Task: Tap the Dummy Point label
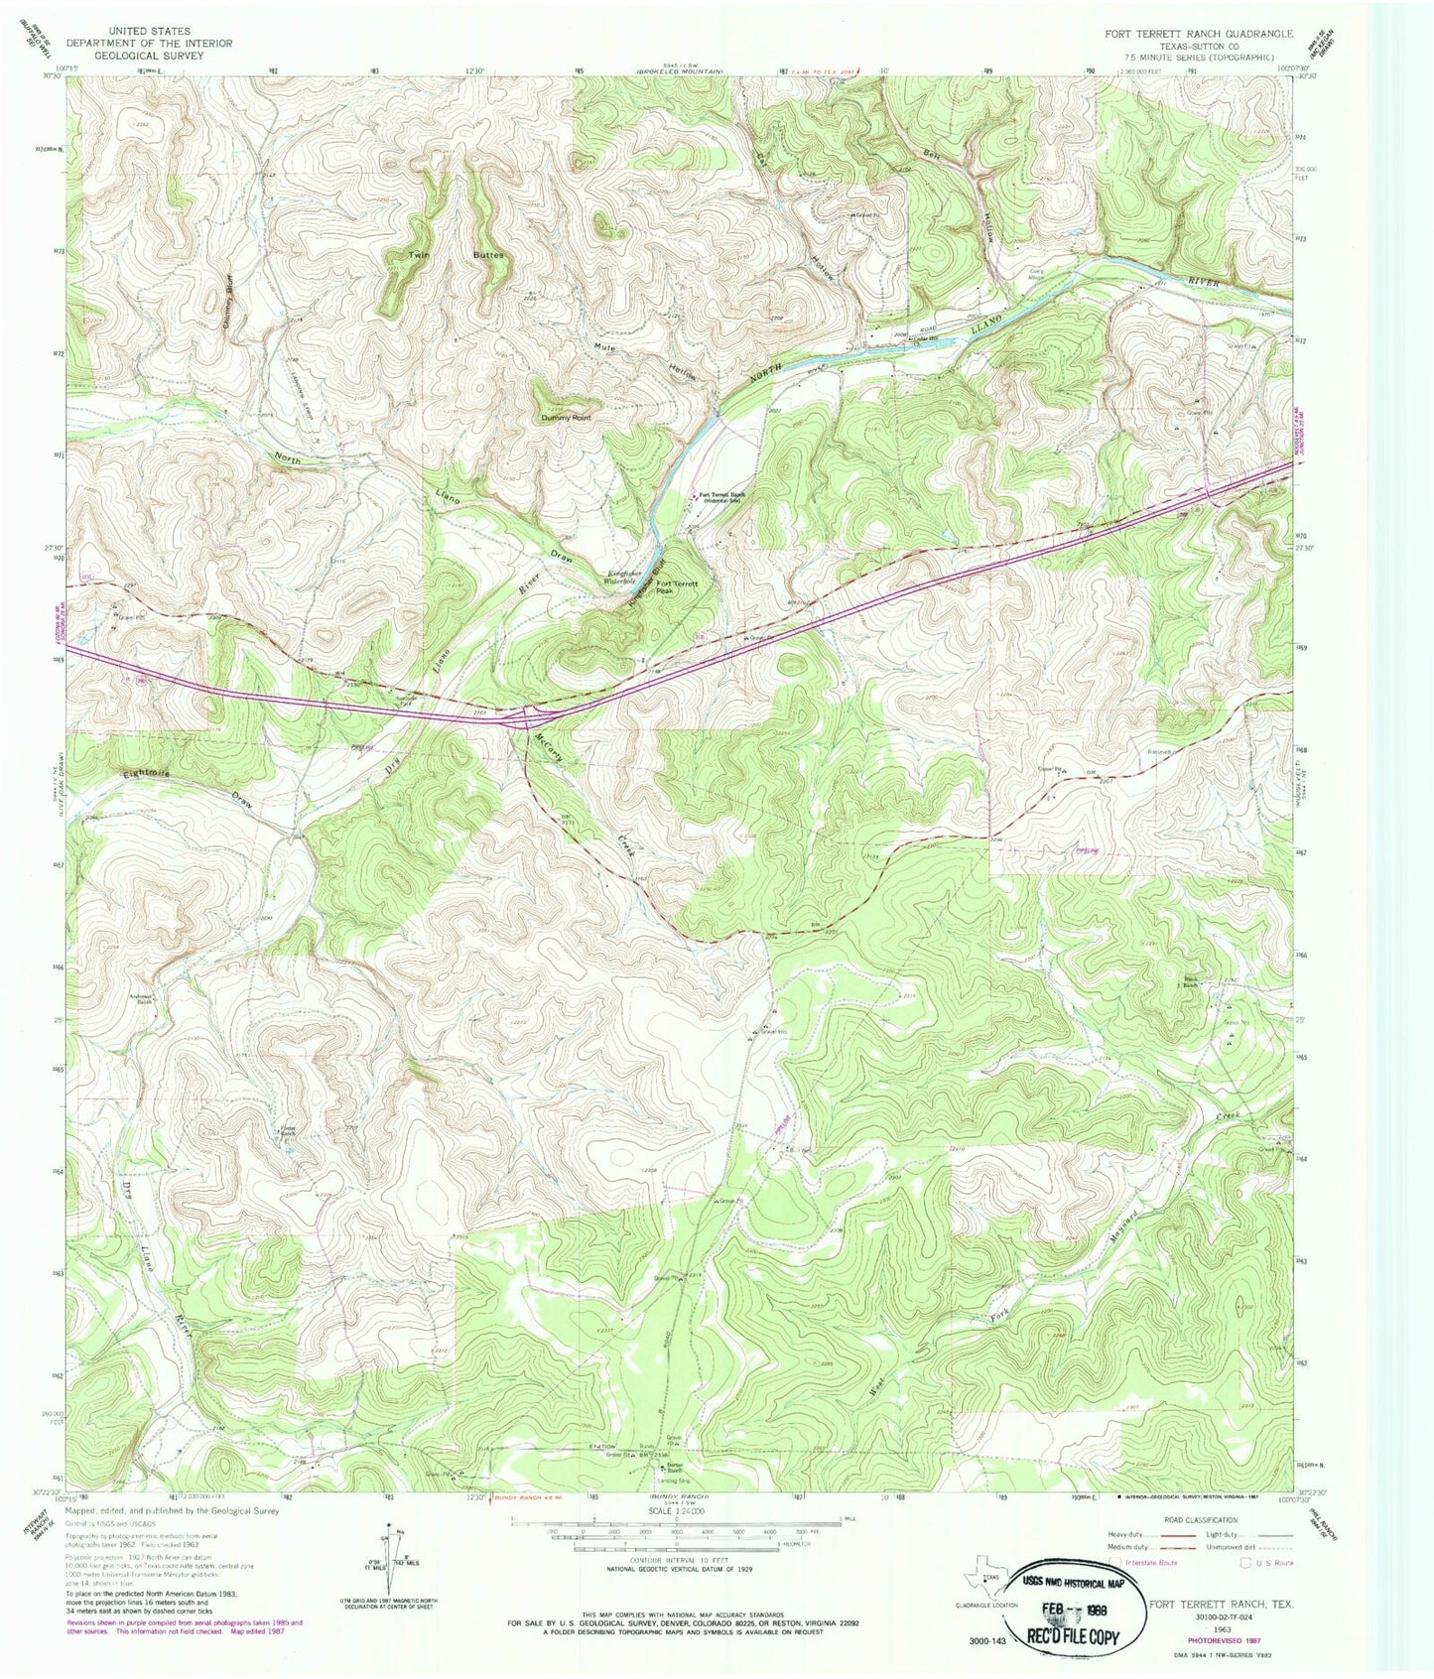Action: click(x=567, y=418)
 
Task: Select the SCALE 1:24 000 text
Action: click(x=675, y=1519)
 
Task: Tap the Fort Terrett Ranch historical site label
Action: click(x=721, y=497)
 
